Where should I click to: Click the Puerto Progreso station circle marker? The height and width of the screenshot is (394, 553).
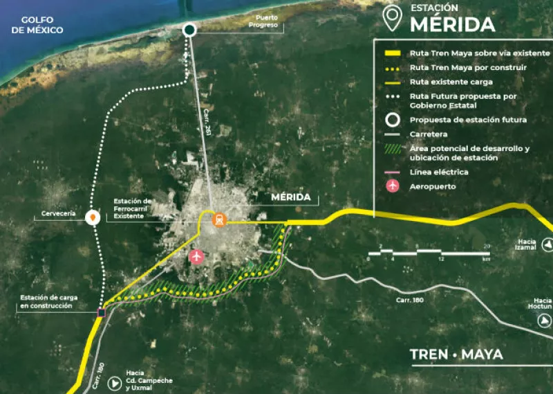click(x=190, y=30)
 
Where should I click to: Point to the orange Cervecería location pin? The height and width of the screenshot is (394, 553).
click(x=91, y=217)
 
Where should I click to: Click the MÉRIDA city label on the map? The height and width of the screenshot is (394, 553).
click(x=291, y=197)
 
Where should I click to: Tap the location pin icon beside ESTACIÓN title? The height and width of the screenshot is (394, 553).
click(x=393, y=19)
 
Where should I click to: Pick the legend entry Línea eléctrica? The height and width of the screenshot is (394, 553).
click(x=439, y=172)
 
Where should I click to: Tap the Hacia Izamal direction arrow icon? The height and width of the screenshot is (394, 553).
click(x=546, y=244)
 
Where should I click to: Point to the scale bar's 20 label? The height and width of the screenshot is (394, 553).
click(x=487, y=247)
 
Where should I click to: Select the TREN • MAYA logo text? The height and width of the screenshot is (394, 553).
click(x=456, y=355)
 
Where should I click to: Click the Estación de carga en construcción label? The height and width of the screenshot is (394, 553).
click(x=48, y=301)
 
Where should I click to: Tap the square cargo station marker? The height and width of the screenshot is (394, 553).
click(x=102, y=313)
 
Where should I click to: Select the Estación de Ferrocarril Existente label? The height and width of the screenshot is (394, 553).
click(x=133, y=208)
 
